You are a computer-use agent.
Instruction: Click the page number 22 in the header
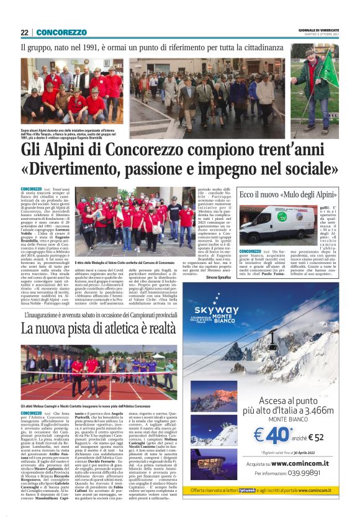[x=24, y=32]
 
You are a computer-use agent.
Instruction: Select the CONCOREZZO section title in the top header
[x=61, y=32]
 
